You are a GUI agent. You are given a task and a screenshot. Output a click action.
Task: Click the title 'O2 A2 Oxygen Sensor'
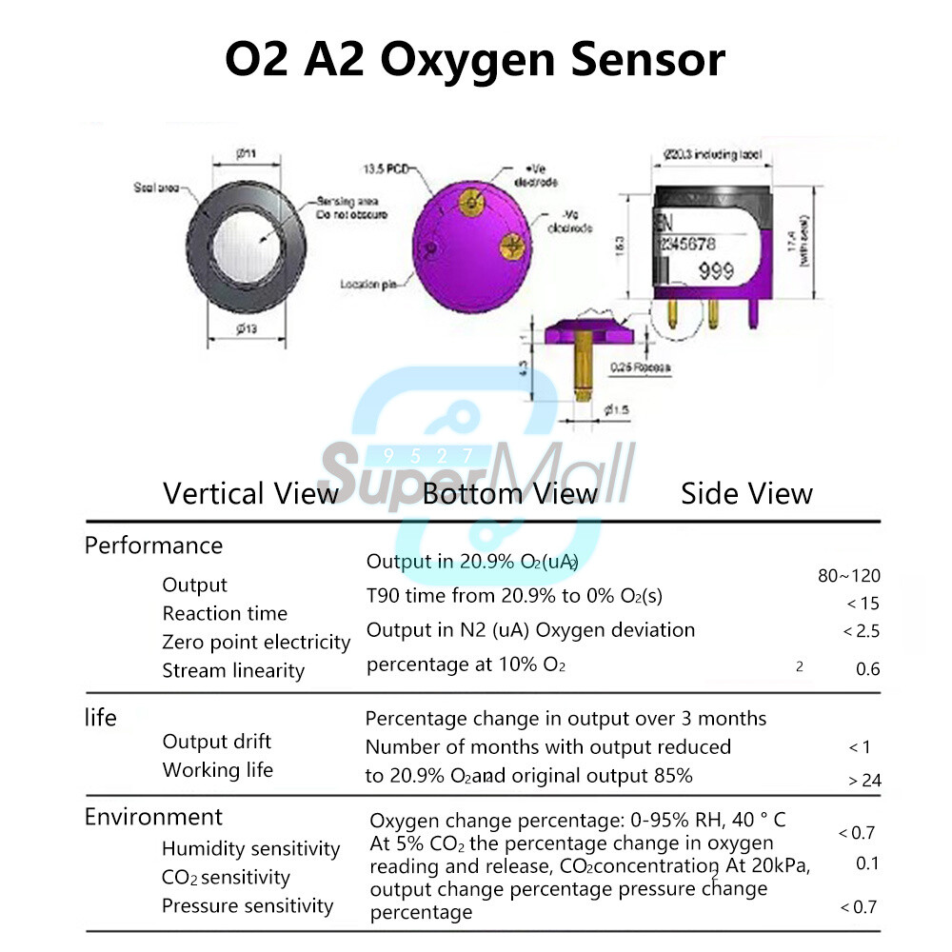475,59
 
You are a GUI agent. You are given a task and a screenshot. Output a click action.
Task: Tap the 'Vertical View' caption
250,493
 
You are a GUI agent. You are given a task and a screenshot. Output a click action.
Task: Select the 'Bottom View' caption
510,493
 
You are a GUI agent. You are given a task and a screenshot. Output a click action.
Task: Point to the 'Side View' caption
746,493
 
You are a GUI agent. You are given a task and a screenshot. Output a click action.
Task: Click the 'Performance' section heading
153,545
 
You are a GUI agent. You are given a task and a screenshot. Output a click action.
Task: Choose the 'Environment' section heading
153,817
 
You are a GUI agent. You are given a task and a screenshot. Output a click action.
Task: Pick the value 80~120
849,575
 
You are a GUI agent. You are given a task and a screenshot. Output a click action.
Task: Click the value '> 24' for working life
864,781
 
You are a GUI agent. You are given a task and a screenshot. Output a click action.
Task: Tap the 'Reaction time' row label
225,614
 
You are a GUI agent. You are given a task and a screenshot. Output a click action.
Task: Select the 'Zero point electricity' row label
256,643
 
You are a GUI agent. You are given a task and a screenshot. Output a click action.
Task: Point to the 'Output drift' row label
217,742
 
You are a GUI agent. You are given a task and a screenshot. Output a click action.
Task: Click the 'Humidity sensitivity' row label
250,848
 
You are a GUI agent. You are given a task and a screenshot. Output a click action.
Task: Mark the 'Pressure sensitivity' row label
248,905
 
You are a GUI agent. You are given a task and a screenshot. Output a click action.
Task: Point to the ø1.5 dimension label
618,410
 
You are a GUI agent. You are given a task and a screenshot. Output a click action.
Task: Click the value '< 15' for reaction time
863,603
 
